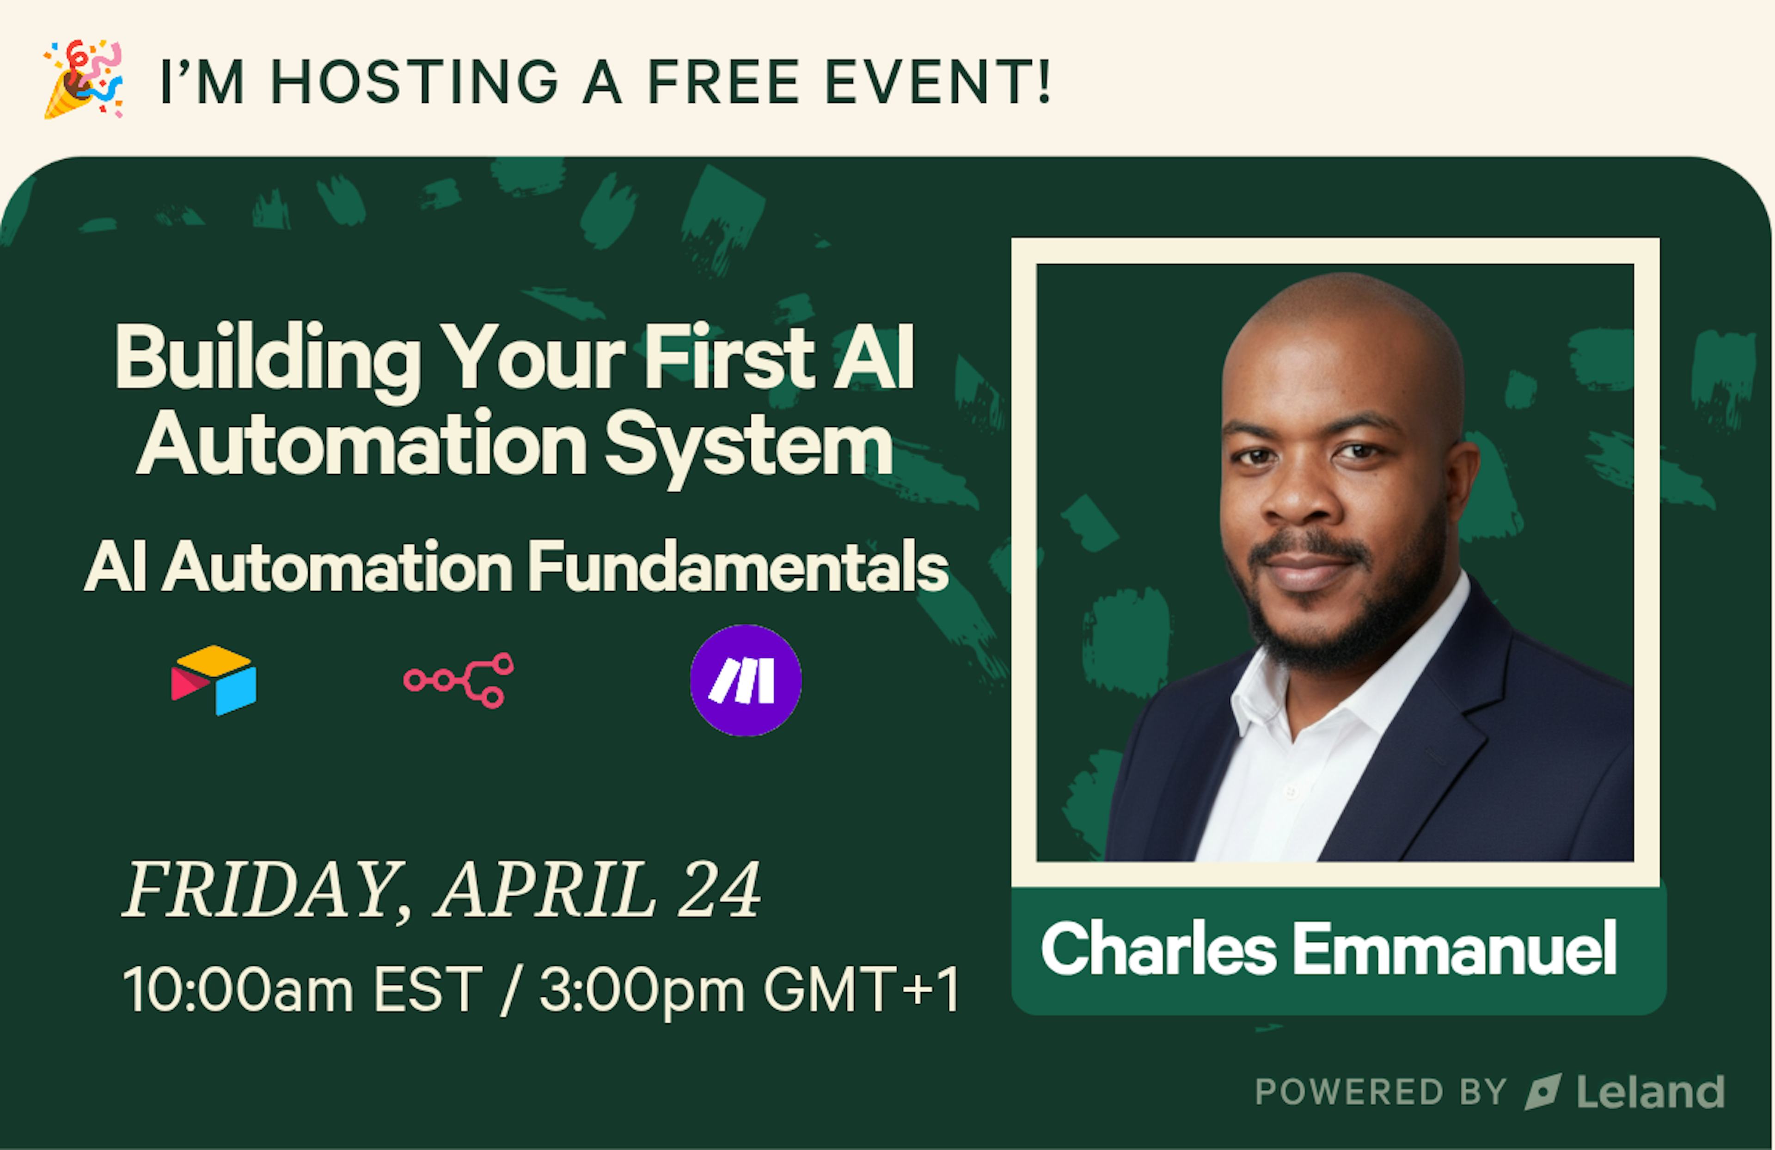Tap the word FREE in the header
point(723,81)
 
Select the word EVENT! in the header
point(938,81)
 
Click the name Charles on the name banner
point(1158,949)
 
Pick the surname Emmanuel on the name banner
point(1454,949)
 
